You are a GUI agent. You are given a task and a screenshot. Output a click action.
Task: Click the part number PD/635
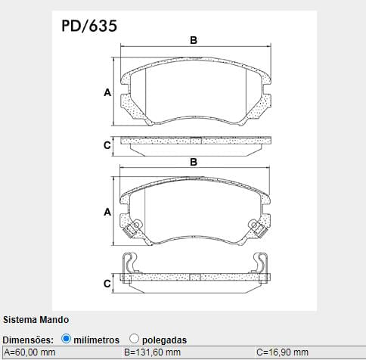tap(89, 26)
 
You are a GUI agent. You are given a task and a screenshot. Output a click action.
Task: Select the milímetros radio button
tap(66, 339)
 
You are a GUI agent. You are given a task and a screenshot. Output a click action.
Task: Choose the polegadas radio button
tap(134, 339)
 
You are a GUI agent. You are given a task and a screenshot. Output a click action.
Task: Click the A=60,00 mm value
tap(29, 352)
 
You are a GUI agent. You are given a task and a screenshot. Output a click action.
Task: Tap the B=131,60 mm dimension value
tap(152, 352)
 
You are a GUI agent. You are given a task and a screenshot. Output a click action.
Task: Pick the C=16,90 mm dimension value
tap(282, 352)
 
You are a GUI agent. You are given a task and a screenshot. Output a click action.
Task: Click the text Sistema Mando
tap(36, 320)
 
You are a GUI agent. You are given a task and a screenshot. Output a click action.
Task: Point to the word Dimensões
tap(28, 340)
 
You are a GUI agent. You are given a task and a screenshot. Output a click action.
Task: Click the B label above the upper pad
tap(194, 40)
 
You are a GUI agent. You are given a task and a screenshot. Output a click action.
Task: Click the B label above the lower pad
tap(194, 162)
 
